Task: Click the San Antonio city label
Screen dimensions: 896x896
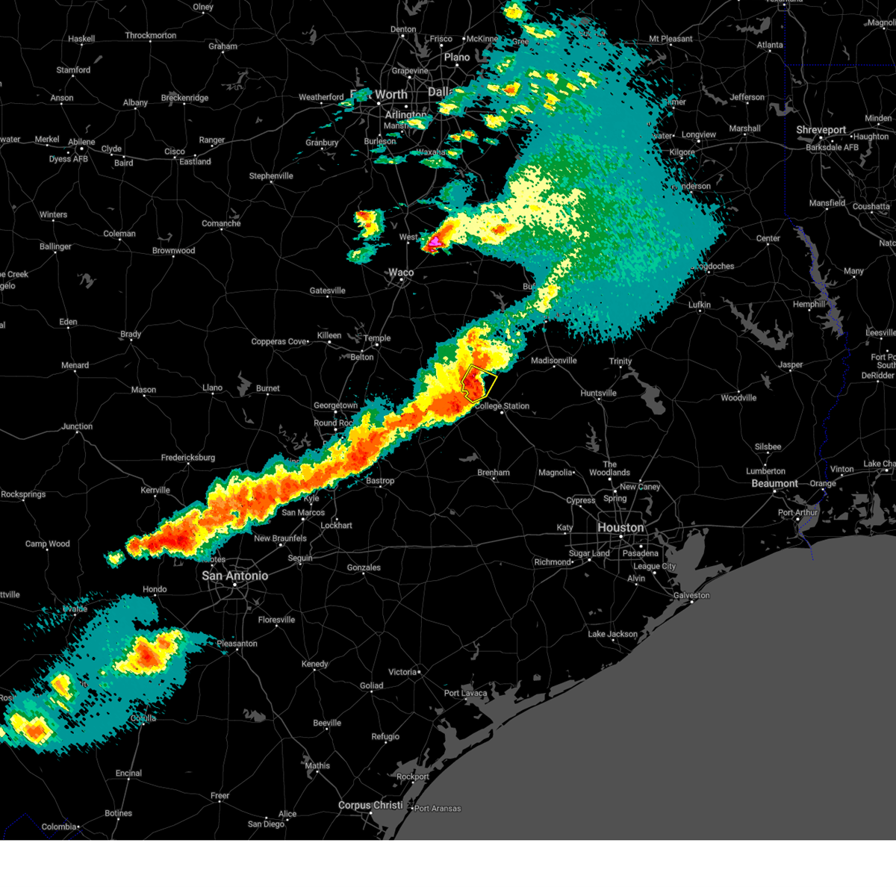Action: pyautogui.click(x=234, y=576)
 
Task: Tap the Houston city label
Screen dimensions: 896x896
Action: pyautogui.click(x=620, y=528)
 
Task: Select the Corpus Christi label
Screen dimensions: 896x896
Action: pyautogui.click(x=370, y=806)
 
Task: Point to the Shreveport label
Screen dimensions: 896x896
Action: pyautogui.click(x=821, y=130)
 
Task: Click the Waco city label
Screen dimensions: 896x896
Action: pyautogui.click(x=401, y=273)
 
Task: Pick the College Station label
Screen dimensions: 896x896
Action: pyautogui.click(x=503, y=406)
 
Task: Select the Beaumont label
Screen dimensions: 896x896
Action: pyautogui.click(x=774, y=484)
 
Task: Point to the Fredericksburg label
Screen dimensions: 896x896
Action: pyautogui.click(x=187, y=458)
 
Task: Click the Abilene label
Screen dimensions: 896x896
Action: pyautogui.click(x=81, y=142)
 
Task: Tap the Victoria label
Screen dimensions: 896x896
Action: pyautogui.click(x=402, y=672)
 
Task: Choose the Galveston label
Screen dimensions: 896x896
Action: pyautogui.click(x=691, y=595)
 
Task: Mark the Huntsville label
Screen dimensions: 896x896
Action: pyautogui.click(x=598, y=393)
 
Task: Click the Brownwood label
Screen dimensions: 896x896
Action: pyautogui.click(x=173, y=251)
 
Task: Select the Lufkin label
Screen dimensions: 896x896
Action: pyautogui.click(x=700, y=305)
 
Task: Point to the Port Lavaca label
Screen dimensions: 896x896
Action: pyautogui.click(x=465, y=693)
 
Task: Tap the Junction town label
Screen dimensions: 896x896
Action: pyautogui.click(x=77, y=426)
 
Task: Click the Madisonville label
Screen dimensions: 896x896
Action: pyautogui.click(x=553, y=361)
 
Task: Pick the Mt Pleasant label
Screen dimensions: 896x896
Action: pyautogui.click(x=671, y=39)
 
